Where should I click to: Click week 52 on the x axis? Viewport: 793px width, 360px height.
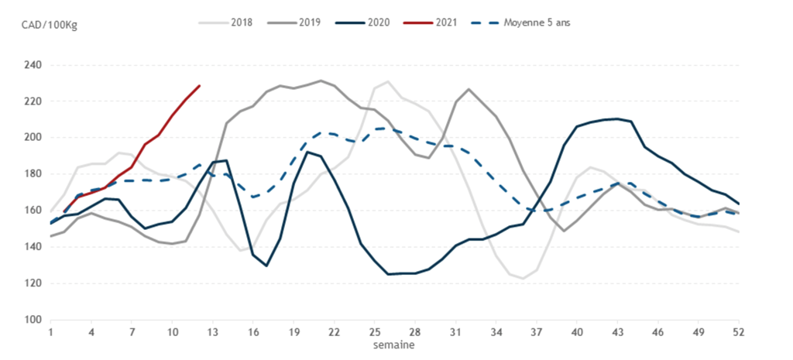click(739, 332)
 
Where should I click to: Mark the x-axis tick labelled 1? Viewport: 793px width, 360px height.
click(51, 332)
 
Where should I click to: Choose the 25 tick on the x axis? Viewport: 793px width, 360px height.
click(375, 332)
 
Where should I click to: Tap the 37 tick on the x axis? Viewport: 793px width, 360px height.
click(537, 332)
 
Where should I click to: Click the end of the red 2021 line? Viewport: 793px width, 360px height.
click(199, 86)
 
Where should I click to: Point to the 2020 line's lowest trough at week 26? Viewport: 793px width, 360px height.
click(388, 274)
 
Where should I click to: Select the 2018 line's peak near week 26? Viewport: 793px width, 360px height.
click(388, 81)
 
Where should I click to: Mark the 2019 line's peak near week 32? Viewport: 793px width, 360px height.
click(469, 90)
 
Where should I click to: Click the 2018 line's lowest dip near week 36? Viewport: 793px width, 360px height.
click(523, 278)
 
